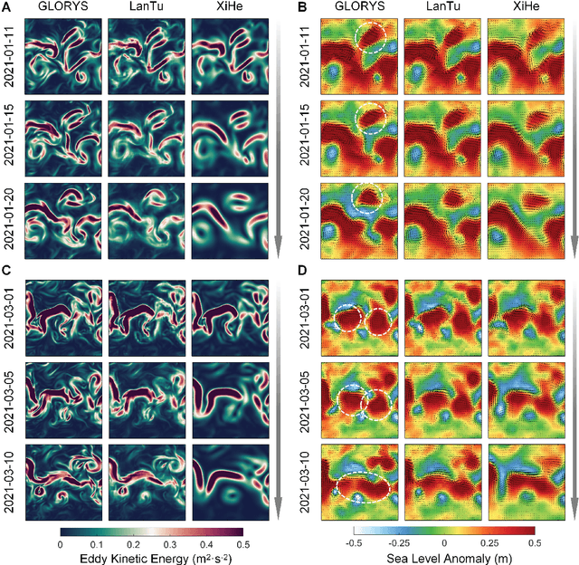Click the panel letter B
(x=301, y=8)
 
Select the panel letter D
(x=301, y=270)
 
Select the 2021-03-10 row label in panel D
(x=306, y=477)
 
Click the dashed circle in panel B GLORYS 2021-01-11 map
(x=374, y=42)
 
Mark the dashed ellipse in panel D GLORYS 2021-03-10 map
(x=360, y=490)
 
